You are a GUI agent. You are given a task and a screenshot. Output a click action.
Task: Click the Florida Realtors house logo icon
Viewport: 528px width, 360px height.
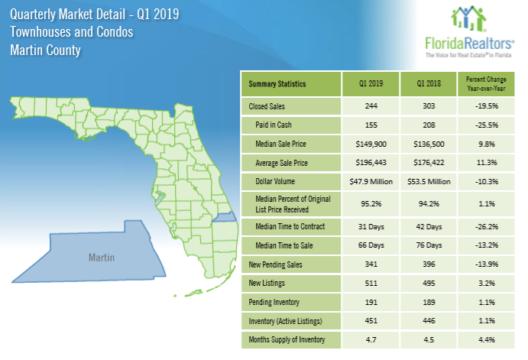point(468,18)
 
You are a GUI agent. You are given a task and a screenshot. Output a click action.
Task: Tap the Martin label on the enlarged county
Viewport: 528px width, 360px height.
point(102,258)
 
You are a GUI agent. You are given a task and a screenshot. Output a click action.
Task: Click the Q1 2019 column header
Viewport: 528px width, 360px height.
point(371,83)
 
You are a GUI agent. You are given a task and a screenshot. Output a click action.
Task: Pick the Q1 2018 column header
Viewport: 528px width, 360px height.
point(429,83)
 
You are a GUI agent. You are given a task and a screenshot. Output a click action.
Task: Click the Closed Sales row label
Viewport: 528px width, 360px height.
point(267,106)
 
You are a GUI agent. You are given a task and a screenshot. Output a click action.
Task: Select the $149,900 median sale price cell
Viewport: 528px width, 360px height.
point(371,144)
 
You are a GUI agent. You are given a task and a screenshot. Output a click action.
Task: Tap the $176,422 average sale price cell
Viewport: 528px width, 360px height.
point(429,163)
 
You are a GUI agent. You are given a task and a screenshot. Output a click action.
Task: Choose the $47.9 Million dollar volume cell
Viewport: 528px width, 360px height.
point(371,182)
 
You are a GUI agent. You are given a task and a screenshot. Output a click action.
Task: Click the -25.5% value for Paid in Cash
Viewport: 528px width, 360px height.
point(486,125)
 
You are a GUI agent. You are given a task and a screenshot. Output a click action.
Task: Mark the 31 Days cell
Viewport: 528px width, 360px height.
point(371,227)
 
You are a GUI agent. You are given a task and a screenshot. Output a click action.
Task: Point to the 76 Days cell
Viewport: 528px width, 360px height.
point(429,245)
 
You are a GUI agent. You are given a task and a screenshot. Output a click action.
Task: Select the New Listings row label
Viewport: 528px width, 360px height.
point(267,283)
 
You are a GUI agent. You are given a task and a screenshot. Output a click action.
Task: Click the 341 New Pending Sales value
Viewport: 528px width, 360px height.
point(371,264)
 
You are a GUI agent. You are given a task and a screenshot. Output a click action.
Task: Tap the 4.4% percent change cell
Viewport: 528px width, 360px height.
point(486,340)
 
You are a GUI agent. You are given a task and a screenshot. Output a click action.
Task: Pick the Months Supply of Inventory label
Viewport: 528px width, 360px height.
point(287,340)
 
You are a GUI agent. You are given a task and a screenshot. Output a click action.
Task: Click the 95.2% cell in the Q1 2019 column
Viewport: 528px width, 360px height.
point(371,204)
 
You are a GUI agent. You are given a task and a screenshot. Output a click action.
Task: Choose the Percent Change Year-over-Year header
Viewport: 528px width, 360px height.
point(486,84)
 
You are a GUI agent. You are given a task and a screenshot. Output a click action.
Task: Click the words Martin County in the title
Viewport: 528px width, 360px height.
point(45,50)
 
